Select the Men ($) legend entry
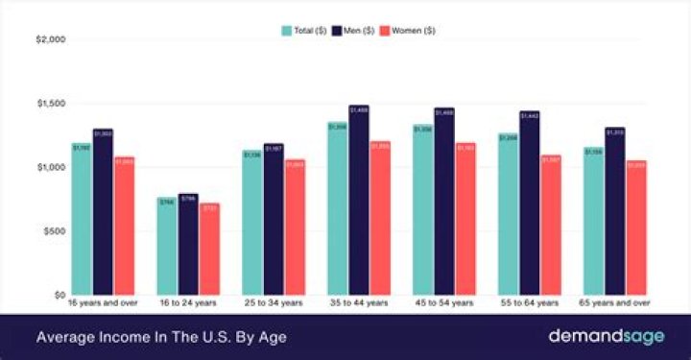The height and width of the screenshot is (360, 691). point(355,30)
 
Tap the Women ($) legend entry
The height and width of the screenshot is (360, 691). point(410,30)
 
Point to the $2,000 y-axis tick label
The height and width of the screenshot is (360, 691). point(50,39)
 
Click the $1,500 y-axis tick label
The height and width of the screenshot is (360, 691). point(50,104)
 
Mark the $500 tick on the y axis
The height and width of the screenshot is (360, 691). point(53,230)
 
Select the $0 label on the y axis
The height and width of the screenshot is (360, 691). point(58,295)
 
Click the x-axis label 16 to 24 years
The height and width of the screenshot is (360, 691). point(188,303)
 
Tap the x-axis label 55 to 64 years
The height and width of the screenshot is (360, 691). point(529,303)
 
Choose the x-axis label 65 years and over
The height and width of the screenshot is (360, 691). point(615,303)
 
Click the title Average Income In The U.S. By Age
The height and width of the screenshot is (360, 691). point(161,337)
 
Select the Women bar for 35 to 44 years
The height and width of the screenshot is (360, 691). point(380,217)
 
